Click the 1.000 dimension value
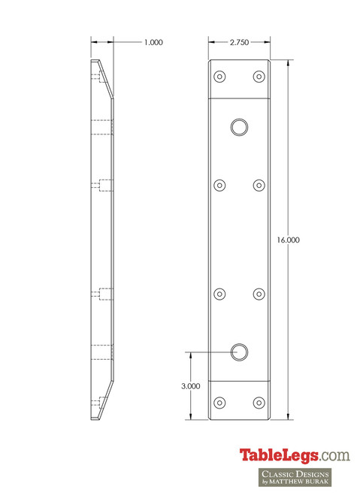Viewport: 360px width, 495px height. tap(153, 43)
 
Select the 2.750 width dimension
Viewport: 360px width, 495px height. tap(239, 43)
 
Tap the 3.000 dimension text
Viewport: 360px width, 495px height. tap(191, 385)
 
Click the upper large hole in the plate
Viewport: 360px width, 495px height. tap(240, 126)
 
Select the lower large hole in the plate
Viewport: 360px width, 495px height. tap(240, 350)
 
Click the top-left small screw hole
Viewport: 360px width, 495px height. tap(220, 76)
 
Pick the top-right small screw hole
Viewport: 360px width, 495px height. tap(259, 76)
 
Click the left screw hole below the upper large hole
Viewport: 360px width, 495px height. tap(220, 185)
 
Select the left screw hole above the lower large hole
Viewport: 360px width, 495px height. tap(220, 294)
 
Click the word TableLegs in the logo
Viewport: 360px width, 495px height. tap(280, 455)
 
